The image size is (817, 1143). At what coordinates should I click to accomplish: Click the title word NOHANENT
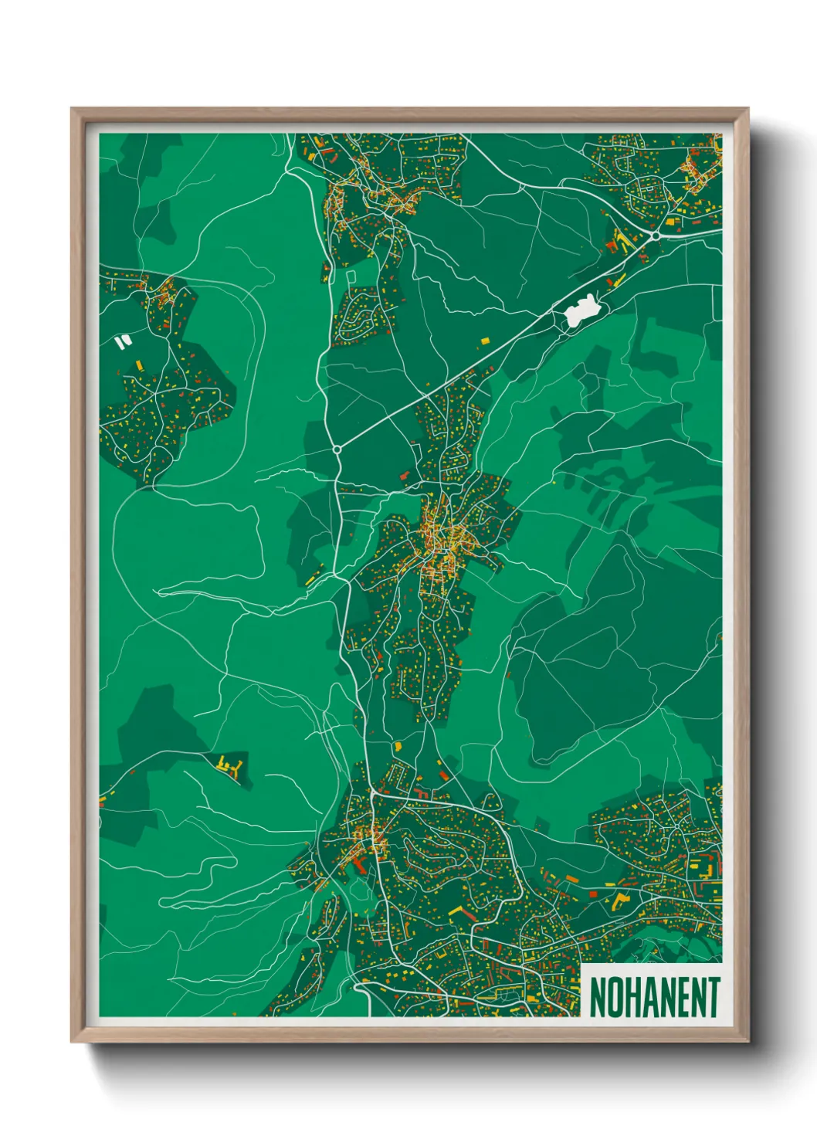(655, 997)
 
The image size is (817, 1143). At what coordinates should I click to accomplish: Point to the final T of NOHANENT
(714, 997)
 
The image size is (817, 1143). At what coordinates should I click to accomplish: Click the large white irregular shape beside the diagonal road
(581, 310)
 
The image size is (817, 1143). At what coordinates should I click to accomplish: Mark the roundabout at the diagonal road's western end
(337, 449)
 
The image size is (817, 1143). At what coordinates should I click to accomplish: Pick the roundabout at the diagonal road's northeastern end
(655, 235)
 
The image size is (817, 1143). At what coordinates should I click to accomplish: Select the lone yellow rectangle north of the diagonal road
(485, 341)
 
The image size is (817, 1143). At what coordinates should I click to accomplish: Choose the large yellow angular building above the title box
(621, 899)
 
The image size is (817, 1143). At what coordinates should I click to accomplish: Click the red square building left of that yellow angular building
(594, 894)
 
